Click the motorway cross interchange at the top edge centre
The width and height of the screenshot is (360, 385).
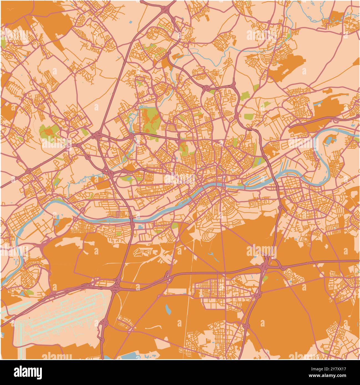click(166, 9)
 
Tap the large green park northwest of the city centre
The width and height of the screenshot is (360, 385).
click(150, 120)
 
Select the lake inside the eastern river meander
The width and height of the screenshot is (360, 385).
click(330, 140)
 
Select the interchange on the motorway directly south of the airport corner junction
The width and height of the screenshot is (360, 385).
click(104, 323)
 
